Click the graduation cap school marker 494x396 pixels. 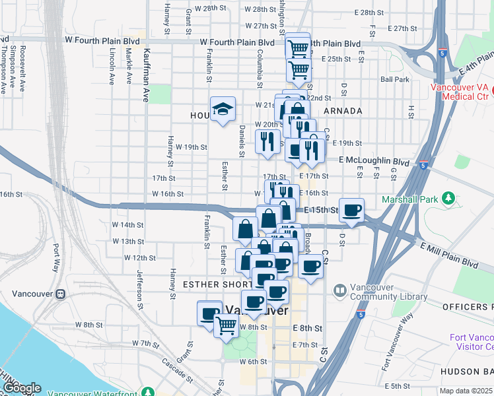click(x=223, y=108)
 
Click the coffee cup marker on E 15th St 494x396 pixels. click(x=352, y=210)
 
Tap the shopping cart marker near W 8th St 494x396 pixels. click(x=226, y=325)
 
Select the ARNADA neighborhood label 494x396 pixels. click(x=343, y=111)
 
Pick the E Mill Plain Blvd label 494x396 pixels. click(x=448, y=254)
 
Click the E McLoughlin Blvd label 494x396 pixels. click(x=374, y=161)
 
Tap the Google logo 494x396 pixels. click(x=21, y=388)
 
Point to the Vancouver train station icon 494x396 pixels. click(x=60, y=293)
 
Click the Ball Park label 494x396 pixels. click(x=395, y=79)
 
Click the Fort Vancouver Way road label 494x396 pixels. click(x=397, y=343)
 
